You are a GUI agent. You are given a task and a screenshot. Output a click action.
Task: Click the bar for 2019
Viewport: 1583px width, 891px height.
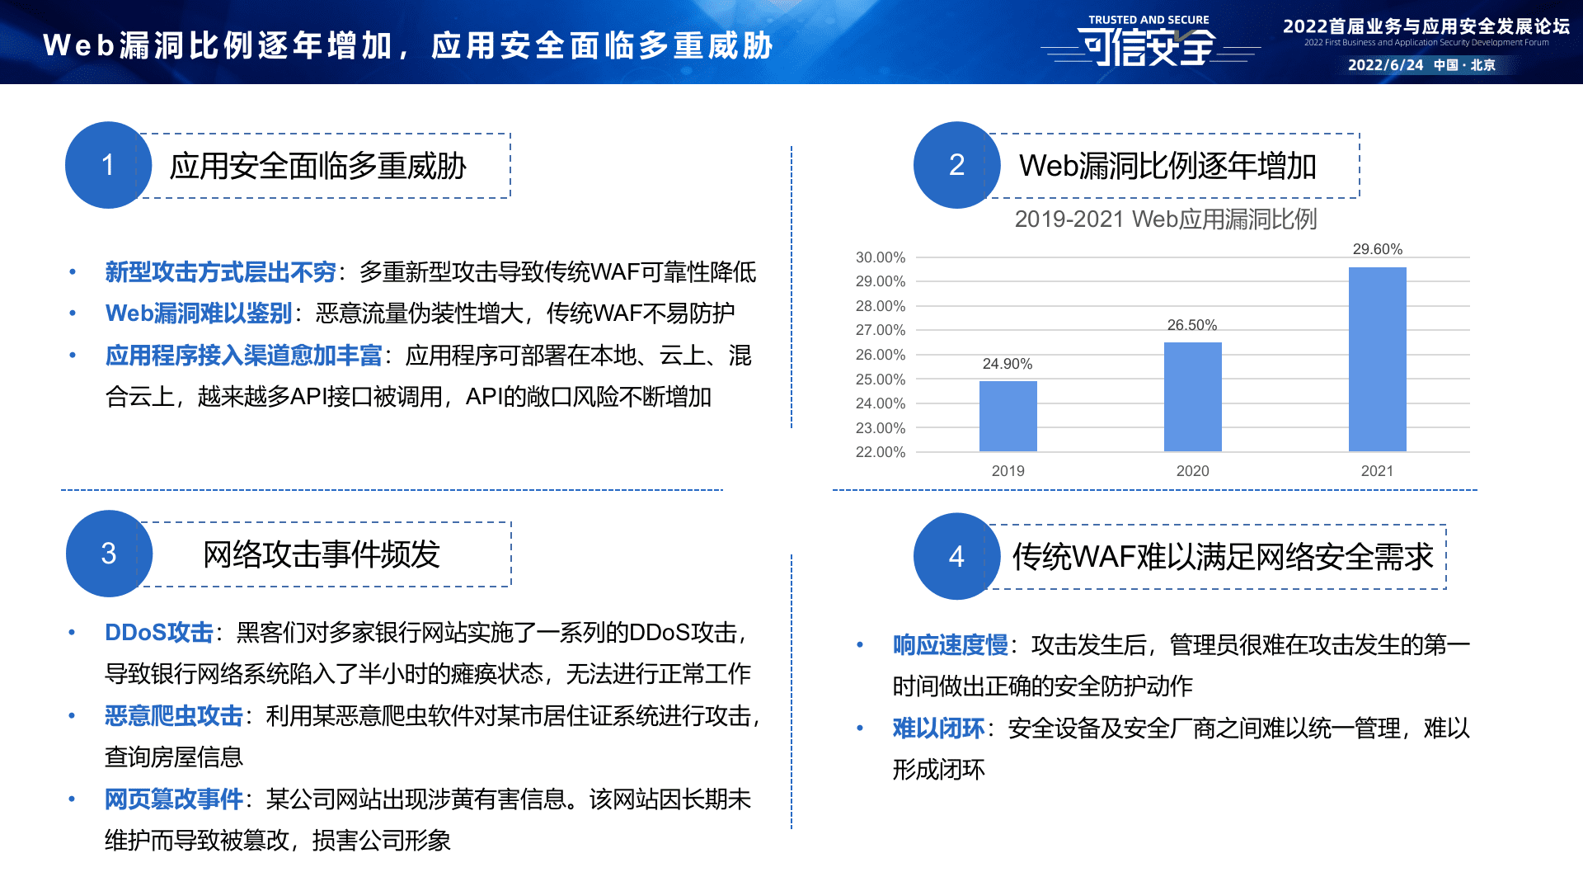point(1008,416)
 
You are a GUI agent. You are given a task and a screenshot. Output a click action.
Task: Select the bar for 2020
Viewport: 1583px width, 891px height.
point(1192,397)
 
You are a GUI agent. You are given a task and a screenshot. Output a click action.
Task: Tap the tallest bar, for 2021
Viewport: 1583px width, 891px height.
point(1377,359)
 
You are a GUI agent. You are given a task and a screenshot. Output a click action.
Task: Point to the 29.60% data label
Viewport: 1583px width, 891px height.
point(1377,249)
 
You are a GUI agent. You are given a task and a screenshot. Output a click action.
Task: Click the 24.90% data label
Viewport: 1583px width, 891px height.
point(1007,364)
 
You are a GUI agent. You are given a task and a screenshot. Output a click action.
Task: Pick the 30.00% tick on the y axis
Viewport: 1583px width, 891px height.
point(880,257)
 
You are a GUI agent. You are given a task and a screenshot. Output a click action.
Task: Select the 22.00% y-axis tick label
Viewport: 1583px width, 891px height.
point(880,452)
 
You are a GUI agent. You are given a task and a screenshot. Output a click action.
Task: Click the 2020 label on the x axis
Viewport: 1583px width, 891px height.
point(1192,471)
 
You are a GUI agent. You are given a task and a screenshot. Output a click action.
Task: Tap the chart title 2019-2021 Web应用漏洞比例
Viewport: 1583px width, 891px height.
point(1165,219)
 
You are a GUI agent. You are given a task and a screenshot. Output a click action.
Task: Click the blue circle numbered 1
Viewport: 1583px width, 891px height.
point(108,165)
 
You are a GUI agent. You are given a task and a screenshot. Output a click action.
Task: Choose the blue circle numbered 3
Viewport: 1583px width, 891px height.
point(109,554)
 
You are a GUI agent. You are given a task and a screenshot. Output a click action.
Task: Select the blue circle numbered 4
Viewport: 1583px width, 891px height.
point(956,557)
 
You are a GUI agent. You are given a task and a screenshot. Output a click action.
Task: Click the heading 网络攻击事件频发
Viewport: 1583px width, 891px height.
point(322,554)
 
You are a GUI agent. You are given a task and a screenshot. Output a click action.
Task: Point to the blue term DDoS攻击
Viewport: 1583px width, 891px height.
point(159,633)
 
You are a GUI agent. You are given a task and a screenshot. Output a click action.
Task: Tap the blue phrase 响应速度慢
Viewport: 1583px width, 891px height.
point(950,645)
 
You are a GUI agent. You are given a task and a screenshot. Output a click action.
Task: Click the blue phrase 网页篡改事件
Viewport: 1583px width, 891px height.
point(173,799)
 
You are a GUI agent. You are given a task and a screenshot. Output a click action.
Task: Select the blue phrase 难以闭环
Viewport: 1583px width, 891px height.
point(938,728)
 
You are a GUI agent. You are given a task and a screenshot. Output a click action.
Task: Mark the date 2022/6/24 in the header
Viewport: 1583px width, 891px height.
point(1385,65)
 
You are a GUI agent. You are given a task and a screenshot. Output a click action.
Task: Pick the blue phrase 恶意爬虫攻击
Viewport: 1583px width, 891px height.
point(173,716)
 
